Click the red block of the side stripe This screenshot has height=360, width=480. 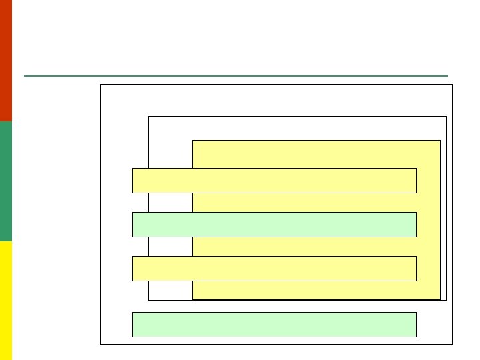point(6,60)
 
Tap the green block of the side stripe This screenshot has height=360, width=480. point(6,181)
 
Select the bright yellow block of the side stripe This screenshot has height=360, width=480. point(6,300)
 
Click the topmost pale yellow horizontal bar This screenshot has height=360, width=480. point(274,181)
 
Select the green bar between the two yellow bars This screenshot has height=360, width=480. point(274,225)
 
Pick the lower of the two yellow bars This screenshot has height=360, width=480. point(274,269)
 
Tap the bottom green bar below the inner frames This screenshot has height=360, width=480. point(274,325)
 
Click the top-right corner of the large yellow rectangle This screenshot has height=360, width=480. point(440,141)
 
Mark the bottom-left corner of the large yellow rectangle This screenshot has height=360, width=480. point(193,299)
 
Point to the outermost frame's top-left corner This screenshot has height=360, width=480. point(101,85)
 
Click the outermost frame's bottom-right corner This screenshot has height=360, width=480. point(452,344)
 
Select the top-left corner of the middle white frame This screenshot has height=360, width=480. point(149,117)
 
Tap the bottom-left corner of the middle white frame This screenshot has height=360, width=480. point(149,300)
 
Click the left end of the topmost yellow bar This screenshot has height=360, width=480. point(133,181)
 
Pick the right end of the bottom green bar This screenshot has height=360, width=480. point(415,325)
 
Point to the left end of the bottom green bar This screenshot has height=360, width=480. point(133,325)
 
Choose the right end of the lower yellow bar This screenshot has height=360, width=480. point(415,269)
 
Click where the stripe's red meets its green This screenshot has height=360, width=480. point(6,121)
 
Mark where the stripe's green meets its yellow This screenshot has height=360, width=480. point(6,241)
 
